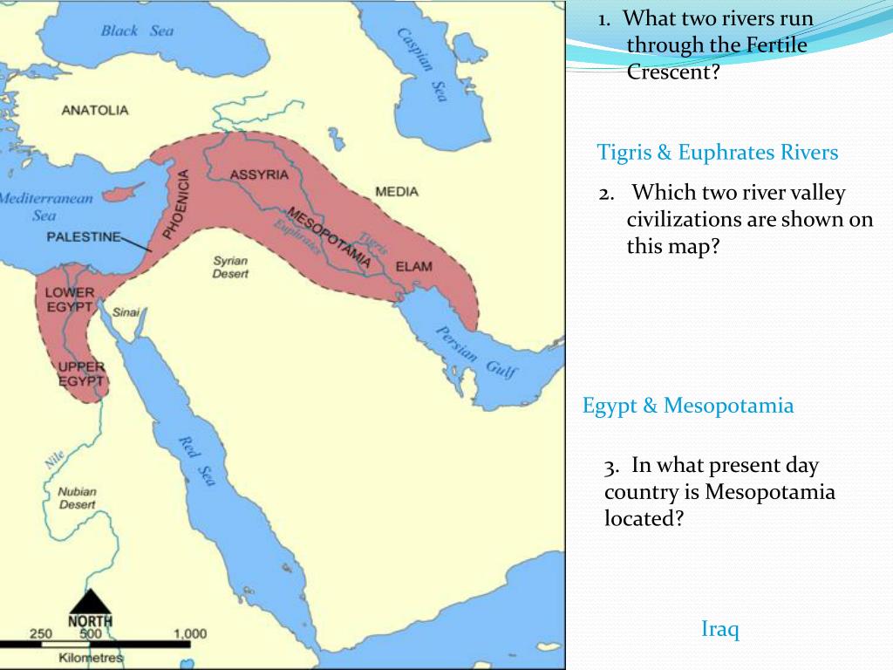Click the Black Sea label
click(137, 31)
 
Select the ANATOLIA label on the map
click(95, 110)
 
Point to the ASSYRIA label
click(259, 174)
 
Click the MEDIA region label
click(397, 191)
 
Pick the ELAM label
click(413, 266)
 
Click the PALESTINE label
click(83, 236)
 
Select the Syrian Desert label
click(231, 267)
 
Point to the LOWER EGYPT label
click(69, 299)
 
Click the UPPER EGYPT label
click(81, 373)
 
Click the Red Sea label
click(196, 458)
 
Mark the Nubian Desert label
click(77, 497)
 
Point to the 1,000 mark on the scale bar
click(189, 634)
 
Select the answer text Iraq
click(720, 628)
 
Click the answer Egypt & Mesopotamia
click(688, 406)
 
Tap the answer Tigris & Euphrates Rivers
click(717, 153)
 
